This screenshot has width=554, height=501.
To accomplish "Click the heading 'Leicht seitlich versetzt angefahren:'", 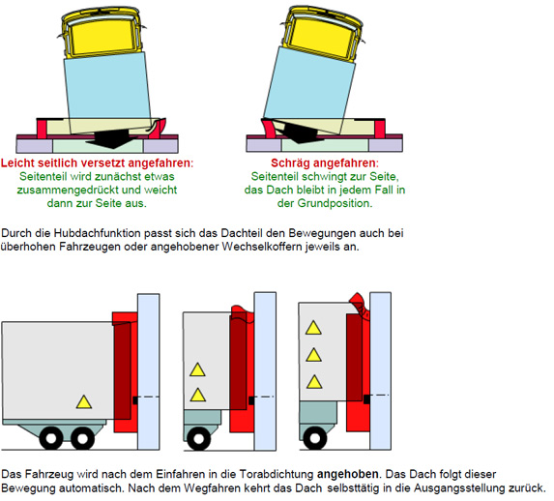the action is click(x=97, y=163).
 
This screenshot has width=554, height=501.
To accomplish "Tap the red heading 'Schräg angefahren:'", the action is click(x=325, y=163).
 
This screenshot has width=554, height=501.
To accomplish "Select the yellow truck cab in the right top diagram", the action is click(x=323, y=34).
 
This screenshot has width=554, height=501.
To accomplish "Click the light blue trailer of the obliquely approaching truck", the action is click(x=310, y=91).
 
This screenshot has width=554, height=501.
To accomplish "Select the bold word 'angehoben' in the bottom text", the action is click(x=348, y=474).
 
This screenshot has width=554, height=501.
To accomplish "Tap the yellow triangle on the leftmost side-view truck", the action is click(x=84, y=402).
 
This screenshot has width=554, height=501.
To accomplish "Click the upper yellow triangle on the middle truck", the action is click(x=197, y=369).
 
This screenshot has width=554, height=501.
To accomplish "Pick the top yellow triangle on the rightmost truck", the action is click(x=313, y=328).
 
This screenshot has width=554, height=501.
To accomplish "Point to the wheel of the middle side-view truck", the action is click(x=198, y=439).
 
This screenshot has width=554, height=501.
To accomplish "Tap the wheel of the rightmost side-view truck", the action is click(x=315, y=438).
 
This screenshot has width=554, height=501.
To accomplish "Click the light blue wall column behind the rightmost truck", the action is click(x=381, y=370).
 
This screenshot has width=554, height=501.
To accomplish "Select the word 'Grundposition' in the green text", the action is click(x=335, y=203).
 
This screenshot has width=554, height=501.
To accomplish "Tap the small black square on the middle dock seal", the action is click(x=251, y=400).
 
